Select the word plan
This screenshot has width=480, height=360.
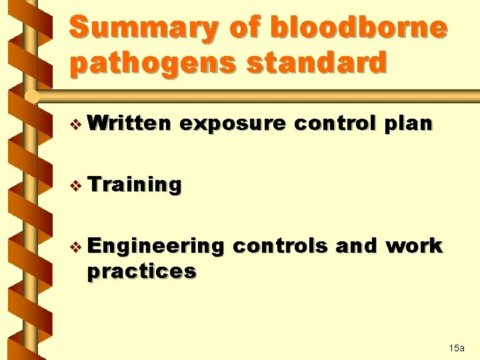click(409, 125)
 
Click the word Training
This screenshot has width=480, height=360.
click(134, 185)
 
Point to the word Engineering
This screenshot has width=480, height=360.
click(155, 247)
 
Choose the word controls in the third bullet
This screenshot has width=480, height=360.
click(280, 246)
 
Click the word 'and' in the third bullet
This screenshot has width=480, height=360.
click(356, 246)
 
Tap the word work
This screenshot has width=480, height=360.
click(414, 246)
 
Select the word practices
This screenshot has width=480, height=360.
click(141, 271)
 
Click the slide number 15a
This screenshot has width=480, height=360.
click(457, 348)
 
